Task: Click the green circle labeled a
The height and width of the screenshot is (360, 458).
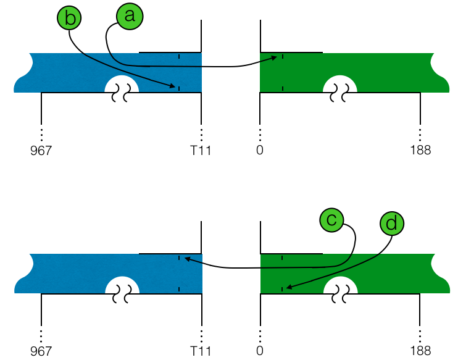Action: click(129, 17)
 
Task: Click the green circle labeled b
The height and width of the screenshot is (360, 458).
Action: click(70, 19)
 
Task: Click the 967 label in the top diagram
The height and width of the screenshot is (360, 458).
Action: click(41, 150)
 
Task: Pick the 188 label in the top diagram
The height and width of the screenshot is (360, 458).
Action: click(420, 150)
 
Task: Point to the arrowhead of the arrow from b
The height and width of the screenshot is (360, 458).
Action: click(175, 87)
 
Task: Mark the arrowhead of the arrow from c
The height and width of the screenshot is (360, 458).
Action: click(183, 259)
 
